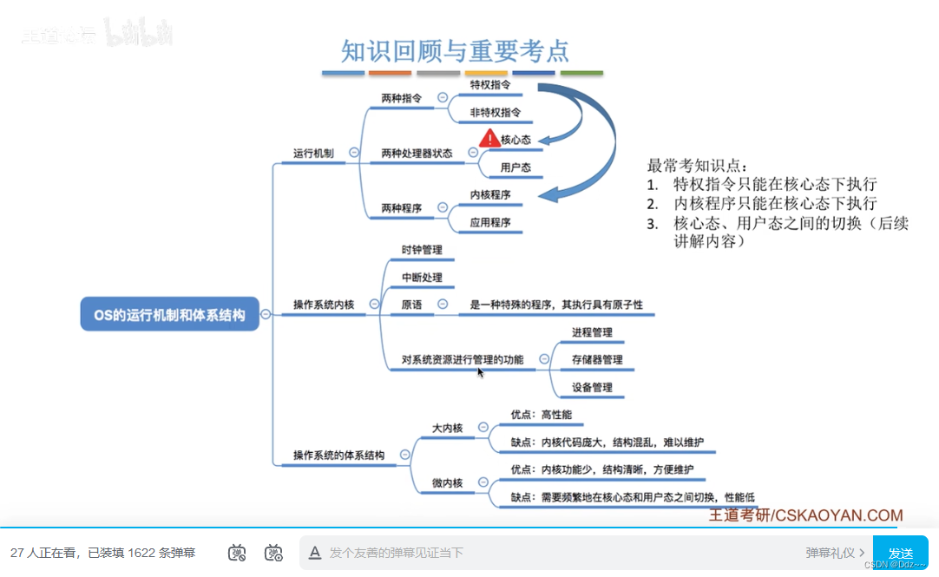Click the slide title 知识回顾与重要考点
coord(455,51)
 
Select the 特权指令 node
coord(490,85)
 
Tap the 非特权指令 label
coord(496,113)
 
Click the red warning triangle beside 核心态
coord(489,137)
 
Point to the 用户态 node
coord(515,167)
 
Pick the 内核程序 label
coord(490,195)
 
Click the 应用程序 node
coord(490,223)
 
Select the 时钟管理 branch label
coord(422,250)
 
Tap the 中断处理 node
coord(422,278)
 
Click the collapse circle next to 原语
coord(443,305)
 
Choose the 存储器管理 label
coord(597,359)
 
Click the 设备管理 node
coord(592,387)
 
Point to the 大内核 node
coord(448,428)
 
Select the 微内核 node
coord(448,483)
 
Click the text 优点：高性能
coord(542,415)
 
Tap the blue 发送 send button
coord(900,553)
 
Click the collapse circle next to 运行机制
coord(354,153)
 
